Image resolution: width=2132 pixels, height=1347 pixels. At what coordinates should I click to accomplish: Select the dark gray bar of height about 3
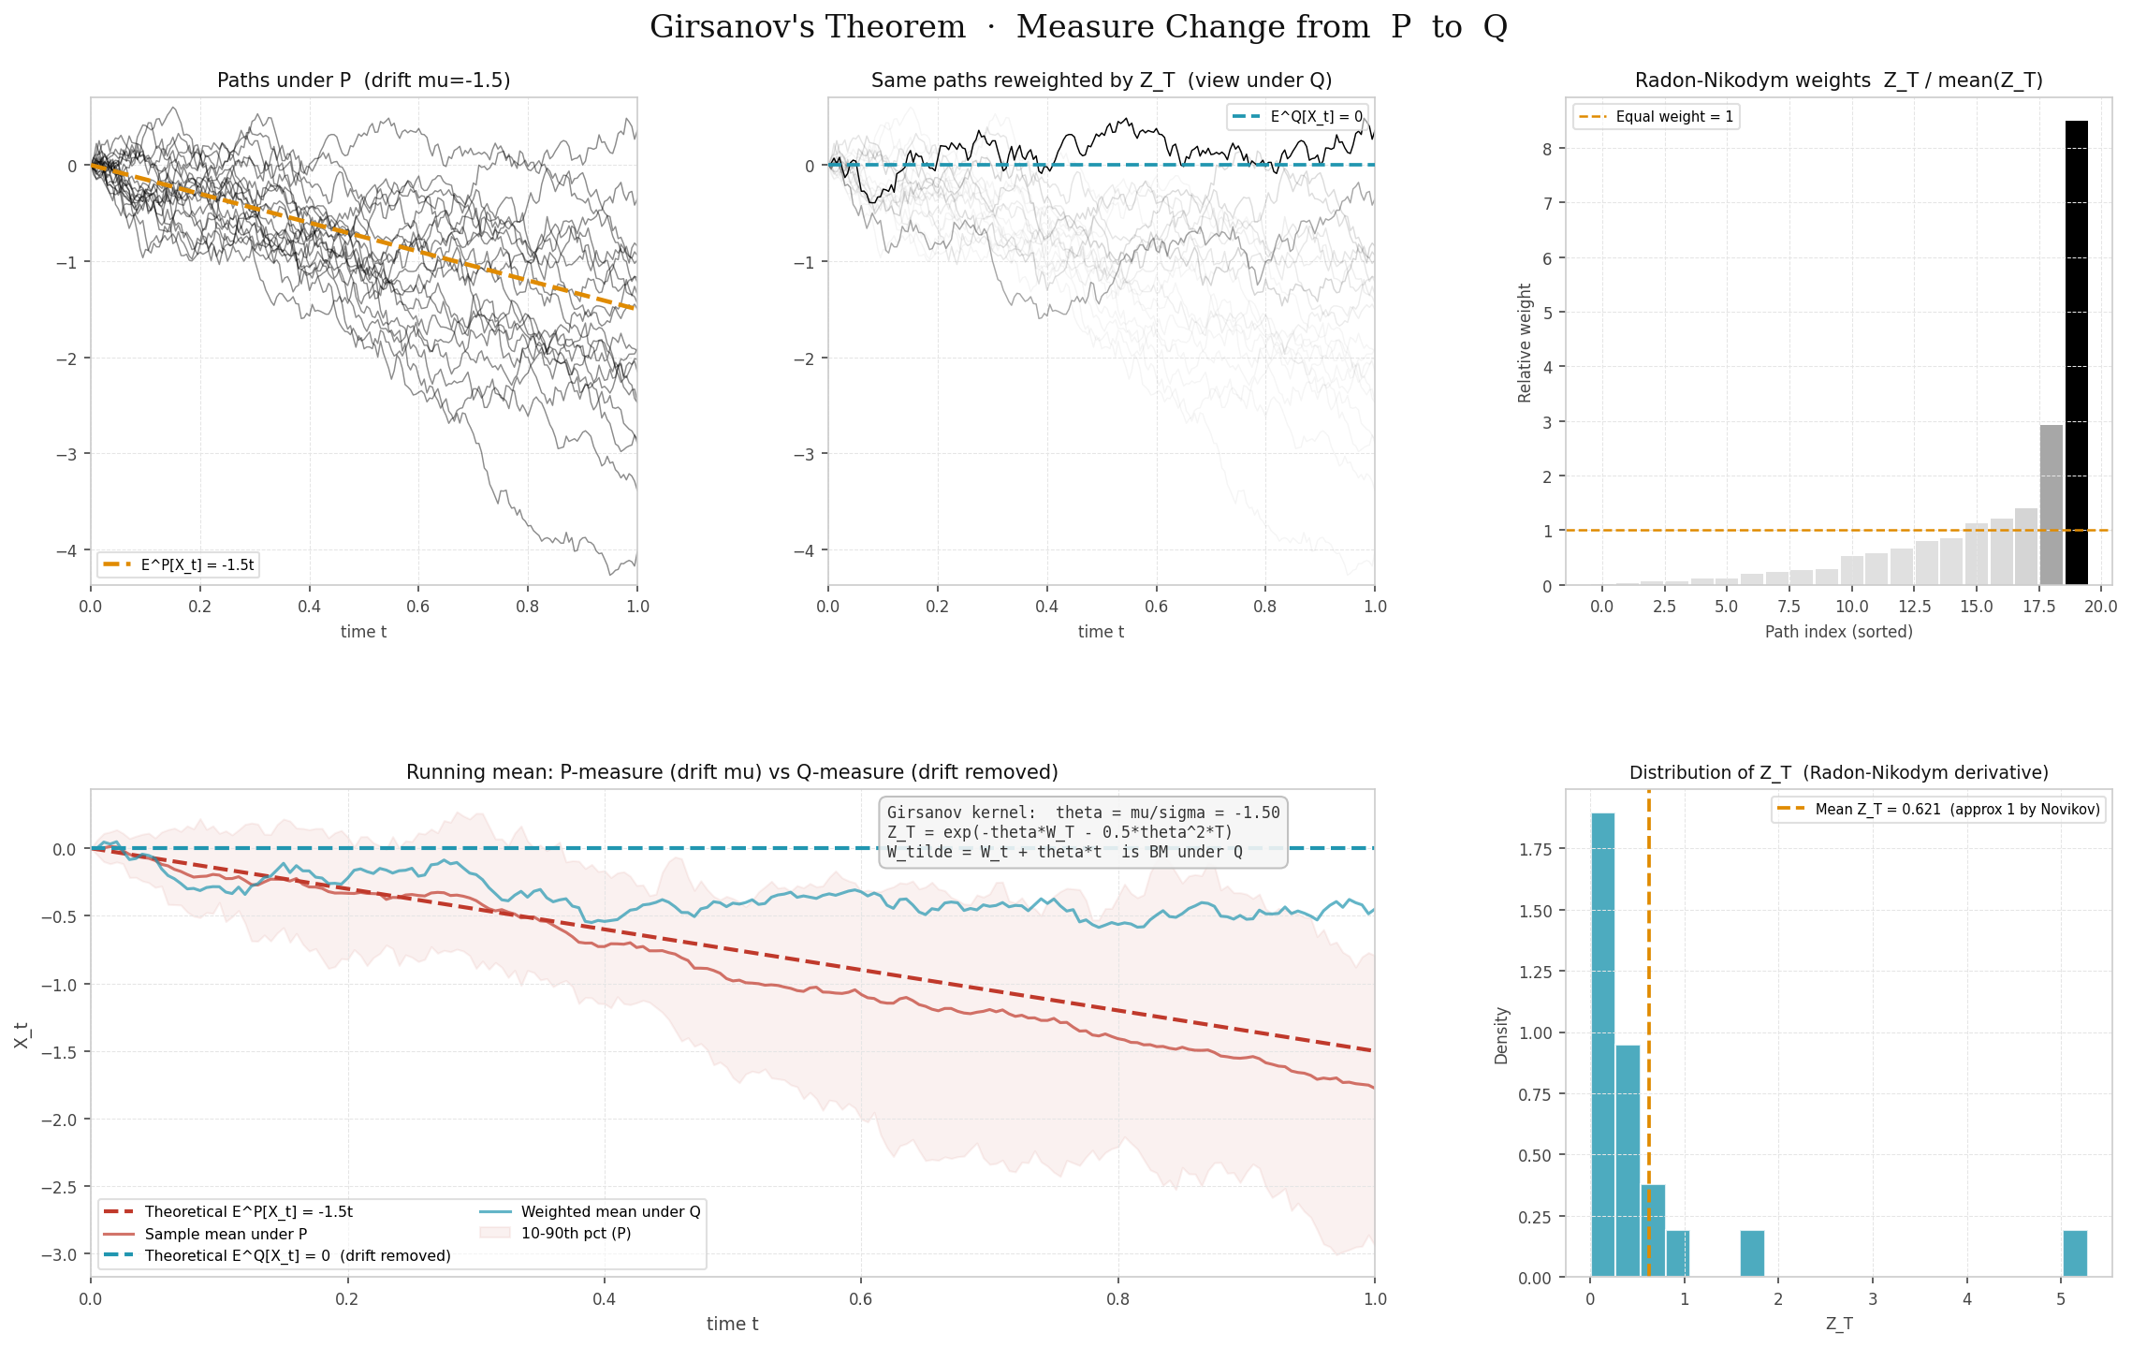[2051, 505]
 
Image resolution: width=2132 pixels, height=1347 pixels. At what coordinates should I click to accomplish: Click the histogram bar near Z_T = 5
[2074, 1253]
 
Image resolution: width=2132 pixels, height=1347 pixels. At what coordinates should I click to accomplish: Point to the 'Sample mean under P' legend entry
[226, 1234]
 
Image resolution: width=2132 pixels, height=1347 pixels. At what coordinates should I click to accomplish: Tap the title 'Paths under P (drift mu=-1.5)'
[363, 81]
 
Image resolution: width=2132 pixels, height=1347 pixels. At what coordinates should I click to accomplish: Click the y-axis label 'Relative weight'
[1525, 343]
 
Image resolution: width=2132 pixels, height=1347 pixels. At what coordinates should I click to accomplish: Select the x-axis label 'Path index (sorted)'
[1838, 632]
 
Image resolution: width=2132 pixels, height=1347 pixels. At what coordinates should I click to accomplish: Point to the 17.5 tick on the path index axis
[2038, 607]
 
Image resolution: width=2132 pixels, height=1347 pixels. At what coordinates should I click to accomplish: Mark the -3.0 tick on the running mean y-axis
[58, 1254]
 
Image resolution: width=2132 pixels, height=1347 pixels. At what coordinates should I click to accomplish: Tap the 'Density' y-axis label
[1501, 1034]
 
